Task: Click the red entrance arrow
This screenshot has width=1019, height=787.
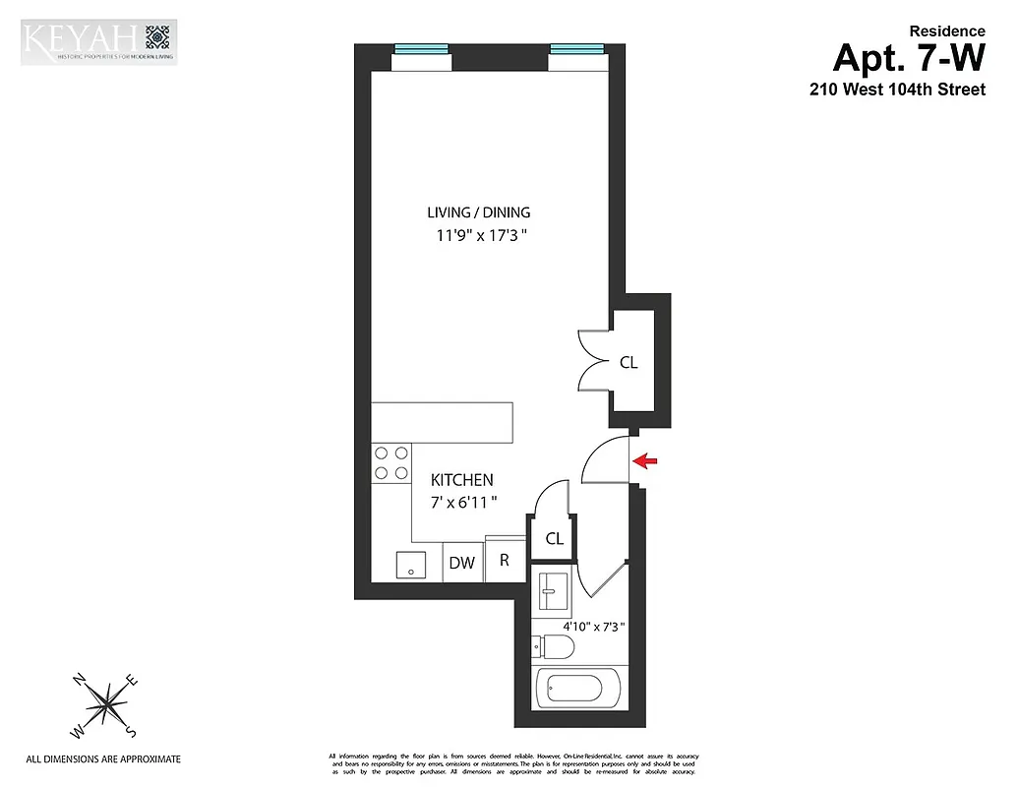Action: coord(645,459)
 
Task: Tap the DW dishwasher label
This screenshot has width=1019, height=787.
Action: coord(462,564)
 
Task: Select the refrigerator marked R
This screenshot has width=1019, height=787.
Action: coord(505,561)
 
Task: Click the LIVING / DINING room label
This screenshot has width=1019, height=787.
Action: coord(478,212)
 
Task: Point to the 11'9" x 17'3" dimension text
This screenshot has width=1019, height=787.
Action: coord(478,236)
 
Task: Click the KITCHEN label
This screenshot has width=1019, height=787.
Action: coord(461,480)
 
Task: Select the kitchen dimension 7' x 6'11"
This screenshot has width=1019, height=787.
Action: coord(463,502)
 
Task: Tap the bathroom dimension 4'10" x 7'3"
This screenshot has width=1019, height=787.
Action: coord(593,626)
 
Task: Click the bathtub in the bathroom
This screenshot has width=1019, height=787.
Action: coord(576,688)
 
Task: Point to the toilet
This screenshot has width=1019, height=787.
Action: coord(552,646)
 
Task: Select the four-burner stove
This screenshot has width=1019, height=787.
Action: coord(390,462)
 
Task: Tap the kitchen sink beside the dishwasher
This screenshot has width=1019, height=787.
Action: coord(409,565)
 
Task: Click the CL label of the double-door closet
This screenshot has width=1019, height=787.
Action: coord(629,362)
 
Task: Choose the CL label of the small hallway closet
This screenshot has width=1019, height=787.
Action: coord(554,538)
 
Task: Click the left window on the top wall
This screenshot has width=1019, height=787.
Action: coord(421,49)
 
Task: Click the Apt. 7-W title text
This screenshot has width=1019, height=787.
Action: coord(908,58)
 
